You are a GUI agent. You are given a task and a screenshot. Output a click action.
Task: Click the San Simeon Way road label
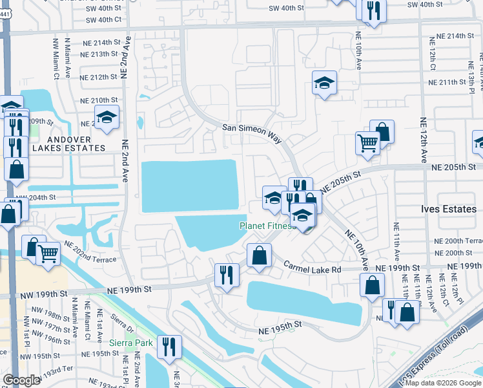click(252, 129)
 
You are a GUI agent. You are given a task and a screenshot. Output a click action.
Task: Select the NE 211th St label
click(447, 82)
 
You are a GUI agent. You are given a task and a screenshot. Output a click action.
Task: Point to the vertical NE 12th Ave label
click(424, 140)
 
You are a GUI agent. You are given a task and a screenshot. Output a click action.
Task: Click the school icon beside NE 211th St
click(325, 83)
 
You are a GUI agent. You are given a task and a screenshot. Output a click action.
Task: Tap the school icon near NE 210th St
click(107, 117)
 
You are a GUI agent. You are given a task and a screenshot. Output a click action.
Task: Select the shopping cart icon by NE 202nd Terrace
click(48, 253)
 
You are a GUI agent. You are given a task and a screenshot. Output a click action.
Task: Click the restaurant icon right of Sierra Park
click(169, 345)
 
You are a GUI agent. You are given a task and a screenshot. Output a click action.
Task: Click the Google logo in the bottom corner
click(22, 380)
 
